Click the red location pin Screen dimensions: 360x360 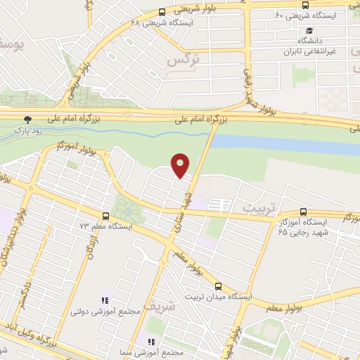click(x=181, y=165)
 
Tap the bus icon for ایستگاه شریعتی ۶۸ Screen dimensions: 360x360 click(x=162, y=12)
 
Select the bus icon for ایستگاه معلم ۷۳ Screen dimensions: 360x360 click(x=105, y=217)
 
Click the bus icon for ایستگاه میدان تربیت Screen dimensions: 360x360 click(x=218, y=286)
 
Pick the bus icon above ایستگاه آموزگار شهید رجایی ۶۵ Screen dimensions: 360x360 click(x=303, y=211)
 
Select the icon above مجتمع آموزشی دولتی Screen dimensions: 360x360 click(x=105, y=300)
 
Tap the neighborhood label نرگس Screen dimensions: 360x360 click(x=183, y=61)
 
